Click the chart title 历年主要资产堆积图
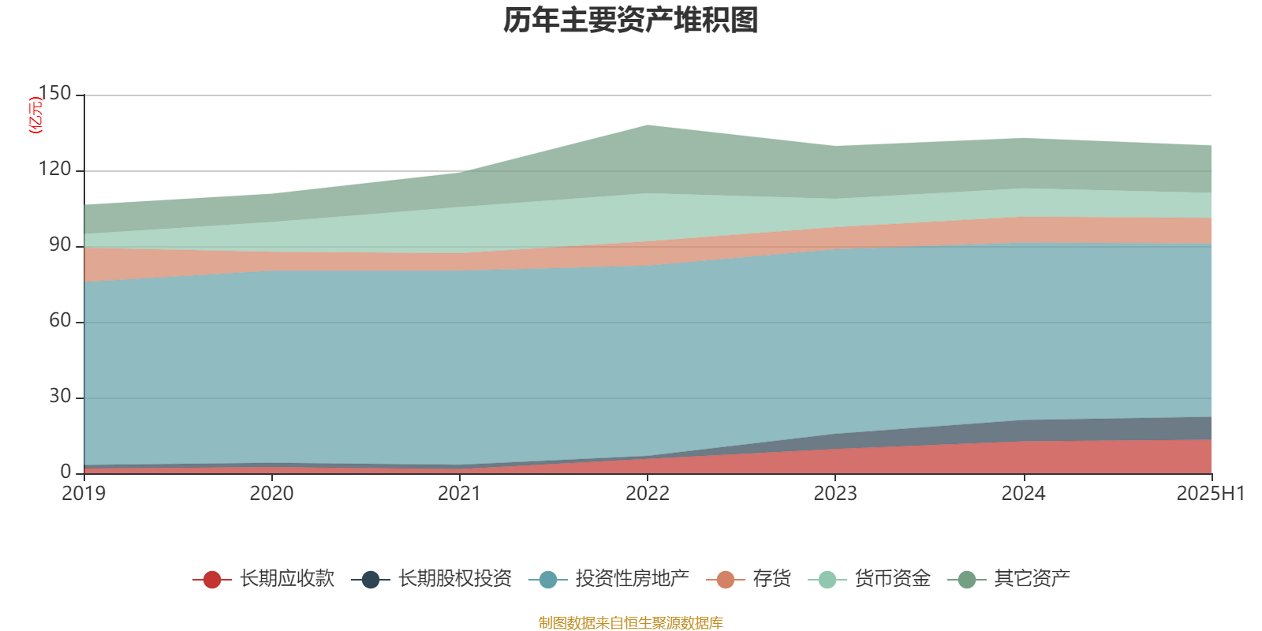631,21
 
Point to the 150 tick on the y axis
55,94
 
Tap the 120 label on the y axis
55,170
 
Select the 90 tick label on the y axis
60,245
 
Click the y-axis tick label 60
60,321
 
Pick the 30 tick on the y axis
60,397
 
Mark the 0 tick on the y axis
66,472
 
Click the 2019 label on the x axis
84,494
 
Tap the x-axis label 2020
271,494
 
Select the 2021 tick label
459,494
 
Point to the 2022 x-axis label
647,494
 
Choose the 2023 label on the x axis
835,494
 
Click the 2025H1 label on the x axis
1209,494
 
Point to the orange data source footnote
631,623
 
